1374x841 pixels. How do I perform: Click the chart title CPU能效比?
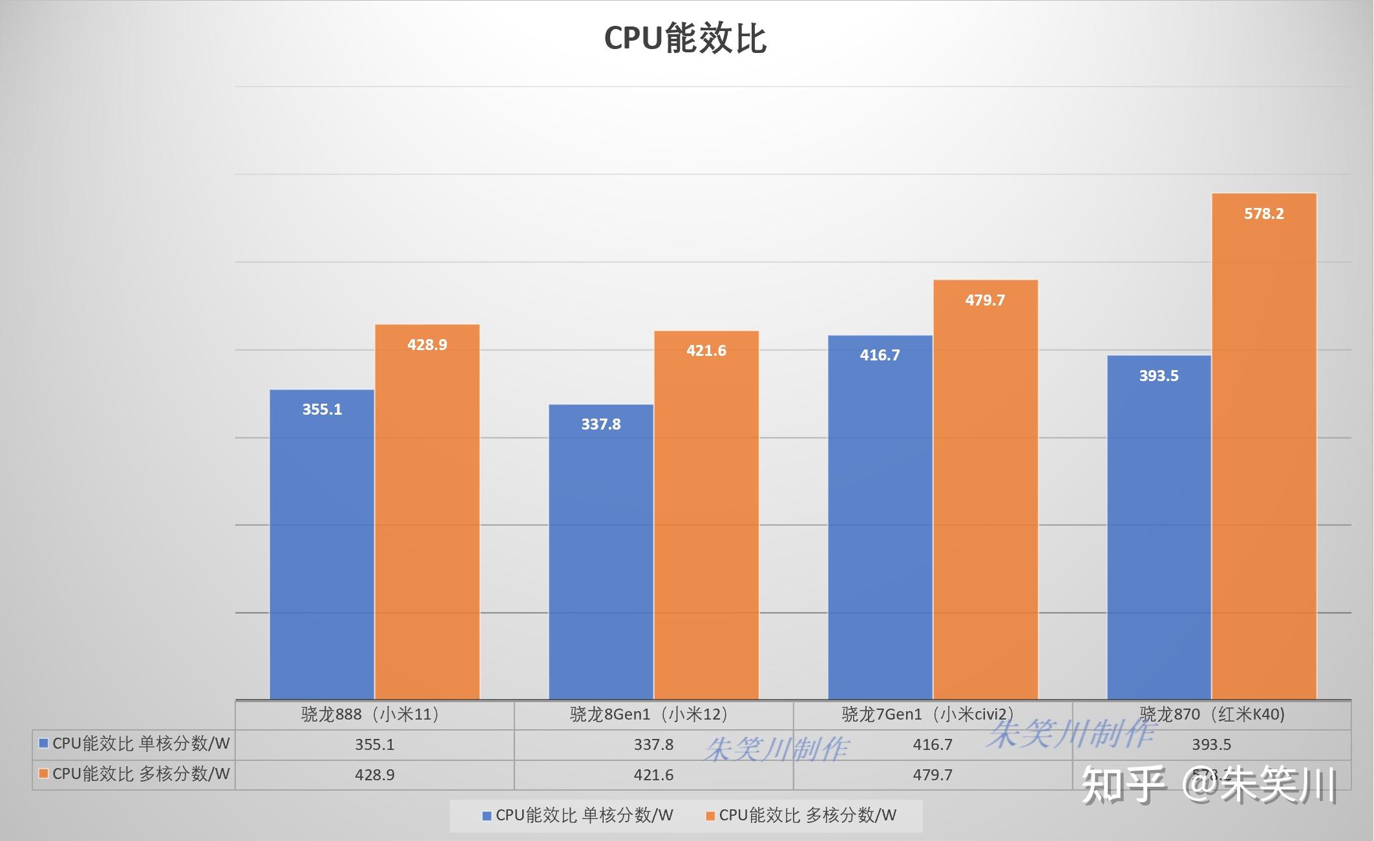tap(685, 39)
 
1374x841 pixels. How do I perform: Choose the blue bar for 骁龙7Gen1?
tap(880, 517)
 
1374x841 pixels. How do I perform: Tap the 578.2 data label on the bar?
tap(1264, 214)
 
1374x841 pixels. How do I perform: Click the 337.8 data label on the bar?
tap(601, 424)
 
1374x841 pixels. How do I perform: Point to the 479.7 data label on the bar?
tap(985, 300)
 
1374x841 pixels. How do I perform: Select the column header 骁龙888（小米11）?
tap(374, 714)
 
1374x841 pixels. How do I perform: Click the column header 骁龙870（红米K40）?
tap(1212, 714)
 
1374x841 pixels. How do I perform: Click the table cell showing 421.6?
tap(653, 774)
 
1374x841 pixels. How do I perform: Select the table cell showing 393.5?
tap(1212, 745)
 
